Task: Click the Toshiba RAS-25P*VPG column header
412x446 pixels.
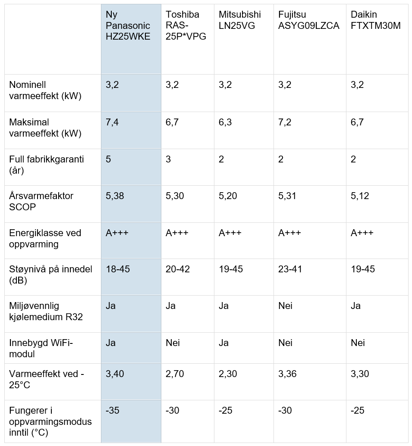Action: (186, 25)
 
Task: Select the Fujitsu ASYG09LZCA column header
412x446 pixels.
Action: (308, 20)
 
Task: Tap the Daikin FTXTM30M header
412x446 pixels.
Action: (376, 20)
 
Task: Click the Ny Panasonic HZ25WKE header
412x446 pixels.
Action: (128, 25)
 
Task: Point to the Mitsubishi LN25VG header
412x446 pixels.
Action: (240, 20)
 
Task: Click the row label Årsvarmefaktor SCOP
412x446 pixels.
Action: (41, 201)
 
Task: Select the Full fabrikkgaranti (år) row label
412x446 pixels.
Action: (47, 165)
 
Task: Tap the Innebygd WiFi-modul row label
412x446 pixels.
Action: (41, 349)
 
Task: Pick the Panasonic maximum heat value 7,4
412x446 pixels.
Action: (112, 122)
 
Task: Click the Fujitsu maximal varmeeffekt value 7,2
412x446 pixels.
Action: (285, 122)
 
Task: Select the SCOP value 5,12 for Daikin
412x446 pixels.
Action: (360, 196)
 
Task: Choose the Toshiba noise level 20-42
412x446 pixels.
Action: (178, 269)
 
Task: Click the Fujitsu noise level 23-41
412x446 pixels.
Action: (290, 269)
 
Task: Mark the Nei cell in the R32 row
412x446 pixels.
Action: (285, 306)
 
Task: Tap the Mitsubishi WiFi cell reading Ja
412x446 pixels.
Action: (223, 343)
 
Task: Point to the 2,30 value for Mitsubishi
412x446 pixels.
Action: (228, 374)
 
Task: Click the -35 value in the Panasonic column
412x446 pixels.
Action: (113, 410)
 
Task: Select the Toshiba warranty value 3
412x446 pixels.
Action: (168, 159)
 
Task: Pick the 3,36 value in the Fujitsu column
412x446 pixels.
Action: (287, 374)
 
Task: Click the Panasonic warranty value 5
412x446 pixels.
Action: (108, 159)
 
